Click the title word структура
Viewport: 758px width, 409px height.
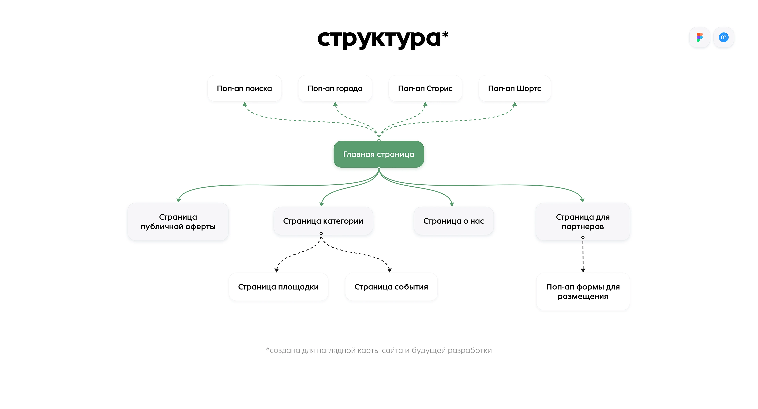pos(379,39)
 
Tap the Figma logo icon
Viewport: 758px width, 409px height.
pos(699,37)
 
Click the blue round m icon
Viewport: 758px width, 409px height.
pos(724,37)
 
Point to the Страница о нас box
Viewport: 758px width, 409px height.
pos(453,221)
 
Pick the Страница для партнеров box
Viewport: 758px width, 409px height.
pos(583,222)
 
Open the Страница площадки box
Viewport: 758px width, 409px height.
pos(278,287)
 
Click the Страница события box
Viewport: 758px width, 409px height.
pos(391,287)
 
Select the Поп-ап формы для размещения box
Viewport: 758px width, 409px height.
pos(583,291)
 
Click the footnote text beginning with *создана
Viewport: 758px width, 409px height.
pos(379,350)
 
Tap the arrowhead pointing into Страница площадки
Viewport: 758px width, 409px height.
pos(277,270)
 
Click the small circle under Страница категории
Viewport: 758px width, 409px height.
pos(321,233)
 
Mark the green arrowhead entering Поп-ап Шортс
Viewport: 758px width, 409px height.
pos(515,104)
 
